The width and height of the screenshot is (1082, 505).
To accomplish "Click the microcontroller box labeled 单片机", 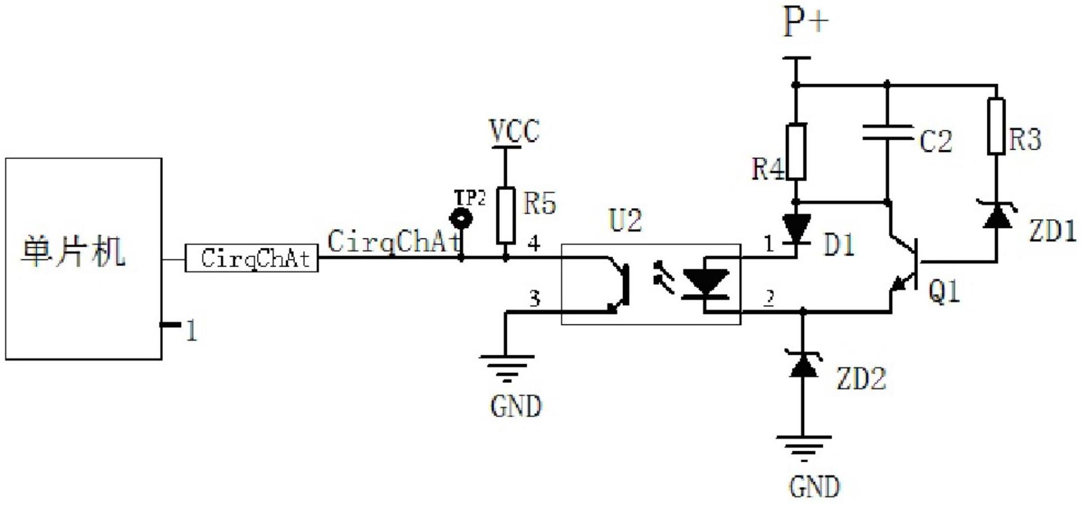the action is coord(84,258).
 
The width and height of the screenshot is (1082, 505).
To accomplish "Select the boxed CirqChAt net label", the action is coord(252,258).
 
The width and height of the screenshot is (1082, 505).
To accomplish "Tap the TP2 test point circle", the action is coord(461,219).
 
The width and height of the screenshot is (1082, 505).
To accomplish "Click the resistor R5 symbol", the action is coord(506,216).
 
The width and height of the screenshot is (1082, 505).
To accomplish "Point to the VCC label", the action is coord(514,131).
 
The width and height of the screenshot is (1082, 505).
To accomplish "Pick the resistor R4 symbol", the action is coord(796,151).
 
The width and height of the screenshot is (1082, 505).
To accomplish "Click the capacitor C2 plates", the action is coord(887,133).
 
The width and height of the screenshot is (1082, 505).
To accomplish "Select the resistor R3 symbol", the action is coord(996,126).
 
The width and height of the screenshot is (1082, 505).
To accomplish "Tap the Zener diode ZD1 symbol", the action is coord(997,215).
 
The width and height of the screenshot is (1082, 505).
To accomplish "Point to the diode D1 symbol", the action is coord(796,229).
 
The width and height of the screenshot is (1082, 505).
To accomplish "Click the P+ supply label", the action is coord(806,23).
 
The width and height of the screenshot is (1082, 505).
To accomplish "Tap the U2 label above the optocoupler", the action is coord(625,220).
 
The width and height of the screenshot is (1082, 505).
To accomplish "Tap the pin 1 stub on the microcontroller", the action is coord(171,324).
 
